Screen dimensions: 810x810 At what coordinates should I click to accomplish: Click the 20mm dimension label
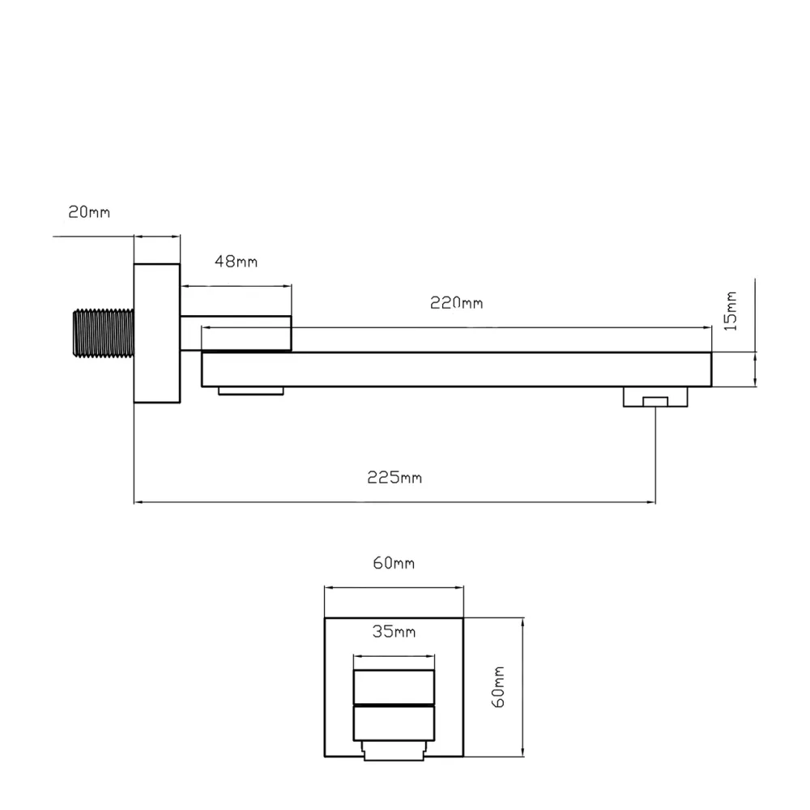point(89,211)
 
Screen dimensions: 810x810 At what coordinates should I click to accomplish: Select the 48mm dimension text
point(236,262)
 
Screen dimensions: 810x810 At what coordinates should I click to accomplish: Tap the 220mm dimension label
point(457,303)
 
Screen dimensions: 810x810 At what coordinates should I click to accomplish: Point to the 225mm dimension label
point(394,477)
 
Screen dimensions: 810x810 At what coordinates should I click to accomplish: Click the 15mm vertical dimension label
point(730,311)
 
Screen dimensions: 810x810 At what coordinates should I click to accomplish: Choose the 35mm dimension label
point(394,631)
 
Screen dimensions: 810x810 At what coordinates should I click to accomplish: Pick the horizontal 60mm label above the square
point(394,563)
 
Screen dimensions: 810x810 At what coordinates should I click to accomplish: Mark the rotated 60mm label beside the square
point(498,687)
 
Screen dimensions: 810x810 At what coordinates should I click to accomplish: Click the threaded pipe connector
point(104,333)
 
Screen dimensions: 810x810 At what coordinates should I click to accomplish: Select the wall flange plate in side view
point(157,333)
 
